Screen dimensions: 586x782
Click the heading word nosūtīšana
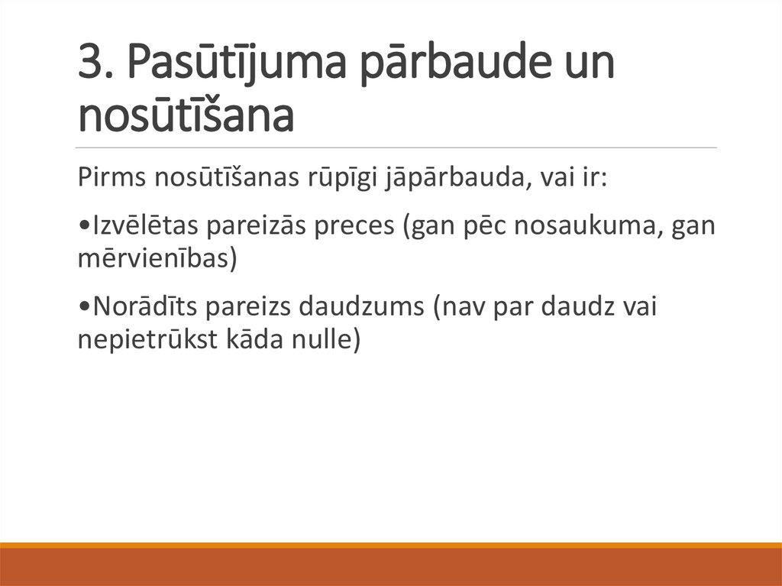click(x=186, y=115)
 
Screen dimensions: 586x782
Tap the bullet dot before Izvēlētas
click(x=82, y=227)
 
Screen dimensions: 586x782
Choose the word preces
click(x=363, y=227)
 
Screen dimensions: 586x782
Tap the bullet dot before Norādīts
click(x=82, y=307)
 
